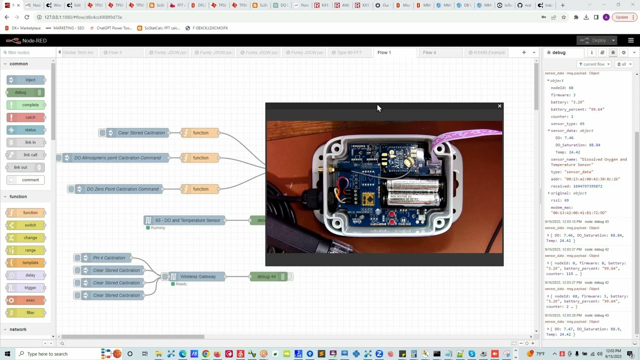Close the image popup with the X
click(x=499, y=106)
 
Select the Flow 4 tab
click(x=429, y=52)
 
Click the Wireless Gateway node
click(x=197, y=276)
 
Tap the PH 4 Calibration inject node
click(x=108, y=258)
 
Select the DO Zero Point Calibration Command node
click(x=122, y=189)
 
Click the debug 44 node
click(x=266, y=276)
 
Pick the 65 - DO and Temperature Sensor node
click(x=187, y=220)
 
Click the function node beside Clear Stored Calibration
click(x=200, y=133)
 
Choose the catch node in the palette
click(x=30, y=117)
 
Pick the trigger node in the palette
click(x=30, y=287)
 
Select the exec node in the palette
click(x=30, y=300)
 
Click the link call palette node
click(x=30, y=155)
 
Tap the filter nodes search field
click(x=27, y=52)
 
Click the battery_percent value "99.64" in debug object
click(x=596, y=109)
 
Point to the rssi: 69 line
click(x=560, y=200)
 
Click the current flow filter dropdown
click(x=594, y=64)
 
